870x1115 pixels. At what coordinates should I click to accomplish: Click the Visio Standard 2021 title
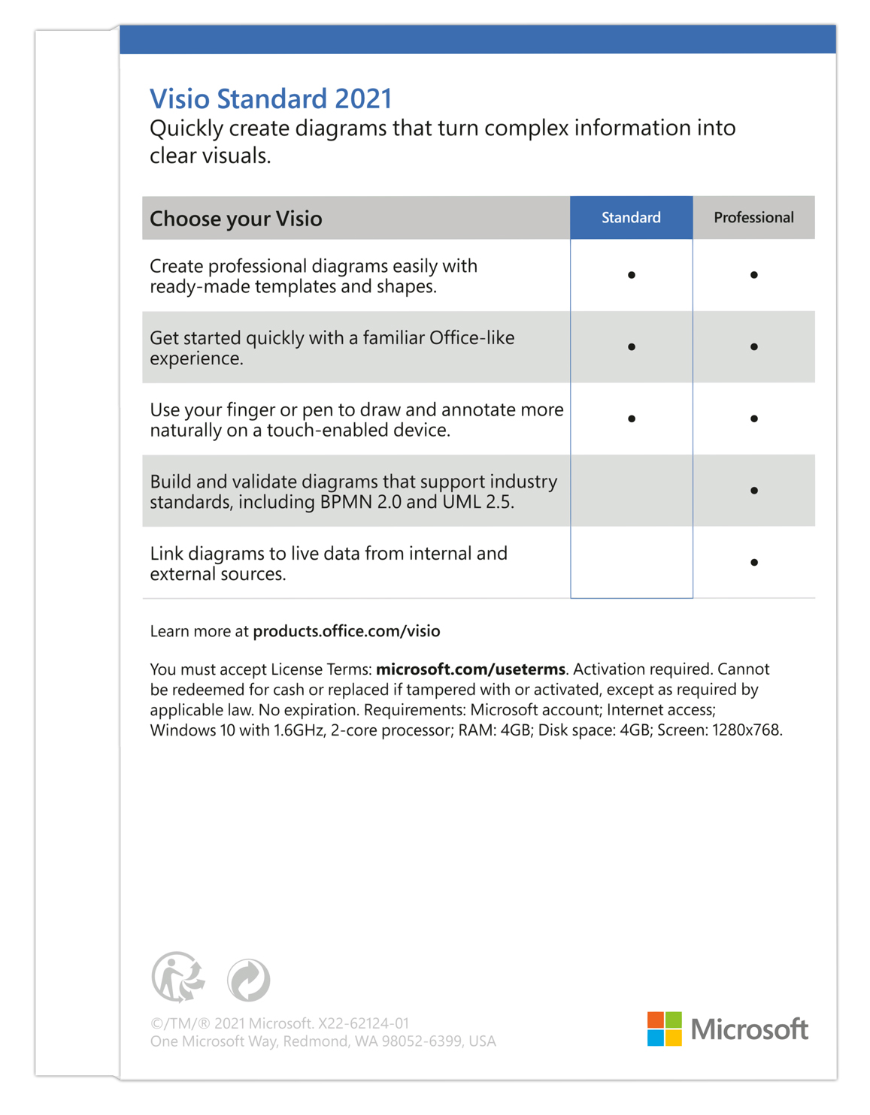point(271,99)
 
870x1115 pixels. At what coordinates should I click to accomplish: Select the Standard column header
point(631,218)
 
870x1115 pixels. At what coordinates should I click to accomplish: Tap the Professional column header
point(753,218)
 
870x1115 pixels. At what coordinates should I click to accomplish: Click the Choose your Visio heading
point(236,219)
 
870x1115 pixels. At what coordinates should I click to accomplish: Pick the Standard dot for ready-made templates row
point(632,275)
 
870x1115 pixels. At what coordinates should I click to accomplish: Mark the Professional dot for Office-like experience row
point(753,347)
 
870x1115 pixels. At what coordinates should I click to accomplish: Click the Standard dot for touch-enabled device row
point(632,419)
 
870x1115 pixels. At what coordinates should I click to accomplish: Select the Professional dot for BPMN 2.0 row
point(753,491)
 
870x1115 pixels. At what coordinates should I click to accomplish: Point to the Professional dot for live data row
point(753,562)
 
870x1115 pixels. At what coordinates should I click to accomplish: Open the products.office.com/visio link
point(347,631)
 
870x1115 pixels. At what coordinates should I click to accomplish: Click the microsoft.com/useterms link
point(471,669)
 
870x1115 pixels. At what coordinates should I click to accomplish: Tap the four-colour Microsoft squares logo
point(665,1029)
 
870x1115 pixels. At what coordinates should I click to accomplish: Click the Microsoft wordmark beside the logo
point(750,1029)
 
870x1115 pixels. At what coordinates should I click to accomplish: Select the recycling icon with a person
point(178,978)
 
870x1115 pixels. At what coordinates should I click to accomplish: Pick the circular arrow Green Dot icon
point(249,980)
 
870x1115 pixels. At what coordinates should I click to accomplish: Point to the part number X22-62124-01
point(364,1023)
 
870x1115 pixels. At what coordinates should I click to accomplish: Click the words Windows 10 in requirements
point(192,730)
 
